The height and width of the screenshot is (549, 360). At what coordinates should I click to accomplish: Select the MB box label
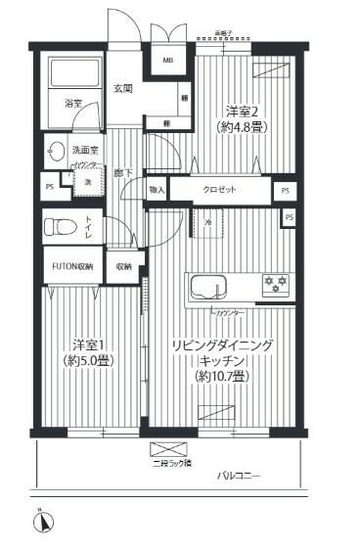tap(167, 60)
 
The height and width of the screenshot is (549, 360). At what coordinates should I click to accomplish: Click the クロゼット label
tap(220, 189)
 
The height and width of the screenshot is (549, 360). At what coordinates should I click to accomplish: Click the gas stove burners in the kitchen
tap(272, 285)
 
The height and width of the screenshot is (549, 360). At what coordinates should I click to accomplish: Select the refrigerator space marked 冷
tap(208, 223)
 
